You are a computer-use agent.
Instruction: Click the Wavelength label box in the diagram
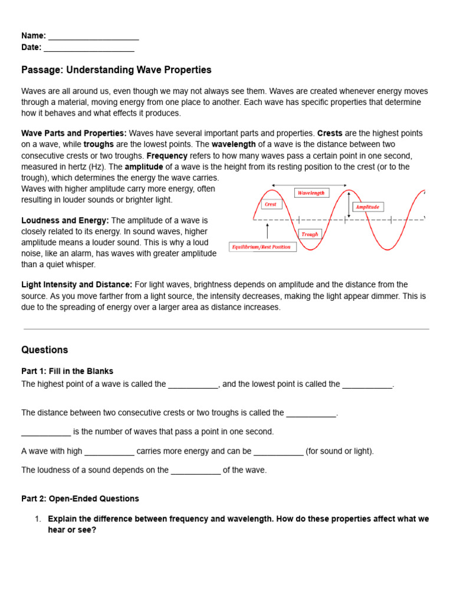pos(310,192)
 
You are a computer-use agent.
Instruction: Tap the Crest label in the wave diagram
pos(271,204)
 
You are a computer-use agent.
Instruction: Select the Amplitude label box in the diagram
pos(368,207)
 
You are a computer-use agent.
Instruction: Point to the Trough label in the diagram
pos(310,234)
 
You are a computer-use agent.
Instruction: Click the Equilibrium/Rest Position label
pos(261,247)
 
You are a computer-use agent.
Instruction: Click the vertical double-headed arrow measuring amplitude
pos(349,205)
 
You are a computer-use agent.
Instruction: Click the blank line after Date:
pos(89,48)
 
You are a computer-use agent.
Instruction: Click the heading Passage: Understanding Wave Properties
pos(116,70)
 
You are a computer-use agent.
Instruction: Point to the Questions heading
pos(45,350)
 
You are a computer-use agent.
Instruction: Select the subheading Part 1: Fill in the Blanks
pos(67,372)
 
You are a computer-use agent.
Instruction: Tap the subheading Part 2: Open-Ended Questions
pos(80,498)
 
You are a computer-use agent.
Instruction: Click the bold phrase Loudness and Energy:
pos(65,221)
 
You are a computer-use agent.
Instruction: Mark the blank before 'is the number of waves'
pos(46,432)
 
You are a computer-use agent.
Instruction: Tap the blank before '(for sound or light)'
pos(278,452)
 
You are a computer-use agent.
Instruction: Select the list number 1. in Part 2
pos(37,519)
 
